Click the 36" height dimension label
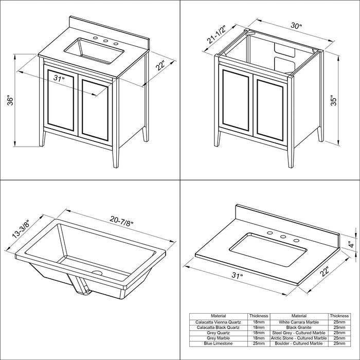tap(11, 100)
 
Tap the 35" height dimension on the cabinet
tap(333, 100)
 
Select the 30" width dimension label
tap(296, 26)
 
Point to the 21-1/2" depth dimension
tap(216, 34)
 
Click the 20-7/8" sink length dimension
tap(121, 221)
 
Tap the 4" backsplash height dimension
tap(351, 245)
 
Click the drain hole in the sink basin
tap(97, 273)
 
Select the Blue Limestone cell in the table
tap(218, 344)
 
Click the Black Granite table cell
tap(299, 328)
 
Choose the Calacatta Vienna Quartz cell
tap(218, 322)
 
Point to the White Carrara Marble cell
tap(299, 322)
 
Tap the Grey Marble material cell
tap(218, 338)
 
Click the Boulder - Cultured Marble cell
tap(299, 344)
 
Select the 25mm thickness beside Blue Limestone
tap(259, 344)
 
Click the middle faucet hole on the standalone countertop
tap(283, 237)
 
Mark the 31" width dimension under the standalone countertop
tap(237, 275)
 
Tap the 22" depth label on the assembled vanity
tap(160, 65)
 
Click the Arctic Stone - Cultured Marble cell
tap(299, 338)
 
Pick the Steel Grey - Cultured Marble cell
tap(299, 333)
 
